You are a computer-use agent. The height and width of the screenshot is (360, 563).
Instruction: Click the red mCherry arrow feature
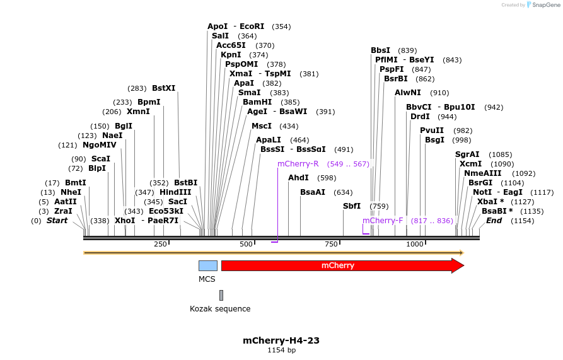[340, 265]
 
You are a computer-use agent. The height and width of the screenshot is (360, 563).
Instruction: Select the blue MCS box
[208, 265]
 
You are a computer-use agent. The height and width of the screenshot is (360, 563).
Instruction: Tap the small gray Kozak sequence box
[221, 295]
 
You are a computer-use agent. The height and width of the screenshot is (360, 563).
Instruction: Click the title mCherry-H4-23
[281, 340]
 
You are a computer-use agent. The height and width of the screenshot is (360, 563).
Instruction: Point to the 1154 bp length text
[281, 350]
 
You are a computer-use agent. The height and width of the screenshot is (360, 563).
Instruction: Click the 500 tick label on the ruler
[246, 244]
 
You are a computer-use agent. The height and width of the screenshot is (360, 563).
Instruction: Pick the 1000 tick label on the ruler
[415, 244]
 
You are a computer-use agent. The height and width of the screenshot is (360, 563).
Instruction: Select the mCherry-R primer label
[298, 164]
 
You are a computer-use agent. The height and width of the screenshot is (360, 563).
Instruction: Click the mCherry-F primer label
[383, 221]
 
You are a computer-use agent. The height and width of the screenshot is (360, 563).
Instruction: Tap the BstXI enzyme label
[164, 88]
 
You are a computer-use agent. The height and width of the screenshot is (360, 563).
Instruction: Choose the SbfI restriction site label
[352, 206]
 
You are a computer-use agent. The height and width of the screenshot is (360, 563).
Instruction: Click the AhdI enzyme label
[298, 178]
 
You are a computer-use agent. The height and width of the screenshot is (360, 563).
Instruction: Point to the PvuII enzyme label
[432, 131]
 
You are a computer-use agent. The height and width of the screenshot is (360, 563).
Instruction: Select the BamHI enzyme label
[257, 102]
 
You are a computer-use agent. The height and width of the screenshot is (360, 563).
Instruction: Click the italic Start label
[57, 221]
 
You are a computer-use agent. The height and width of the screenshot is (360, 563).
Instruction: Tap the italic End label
[494, 221]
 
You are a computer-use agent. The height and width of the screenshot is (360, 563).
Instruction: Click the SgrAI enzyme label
[467, 154]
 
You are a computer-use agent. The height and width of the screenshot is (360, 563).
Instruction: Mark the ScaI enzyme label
[100, 159]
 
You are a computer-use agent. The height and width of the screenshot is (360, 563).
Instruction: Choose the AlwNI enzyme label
[408, 93]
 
